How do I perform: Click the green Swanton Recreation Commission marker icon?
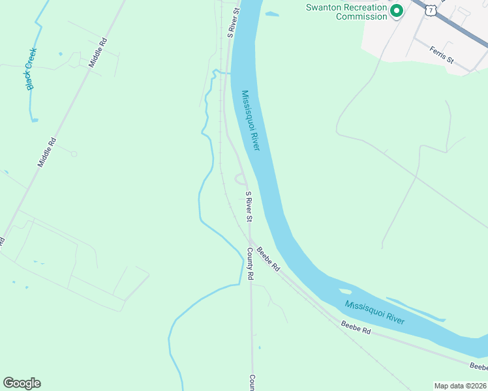point(395,12)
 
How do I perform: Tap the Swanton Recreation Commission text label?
point(347,12)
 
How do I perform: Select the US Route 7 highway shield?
point(430,10)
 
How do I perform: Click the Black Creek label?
point(31,69)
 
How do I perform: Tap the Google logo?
point(22,383)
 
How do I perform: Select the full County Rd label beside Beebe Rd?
point(250,263)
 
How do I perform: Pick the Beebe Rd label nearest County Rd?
point(267,259)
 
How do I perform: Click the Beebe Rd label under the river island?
point(356,327)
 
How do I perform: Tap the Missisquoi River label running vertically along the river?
point(251,121)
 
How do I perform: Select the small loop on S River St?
point(239,179)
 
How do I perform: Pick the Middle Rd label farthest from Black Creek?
point(46,152)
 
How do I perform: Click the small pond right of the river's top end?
point(271,14)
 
